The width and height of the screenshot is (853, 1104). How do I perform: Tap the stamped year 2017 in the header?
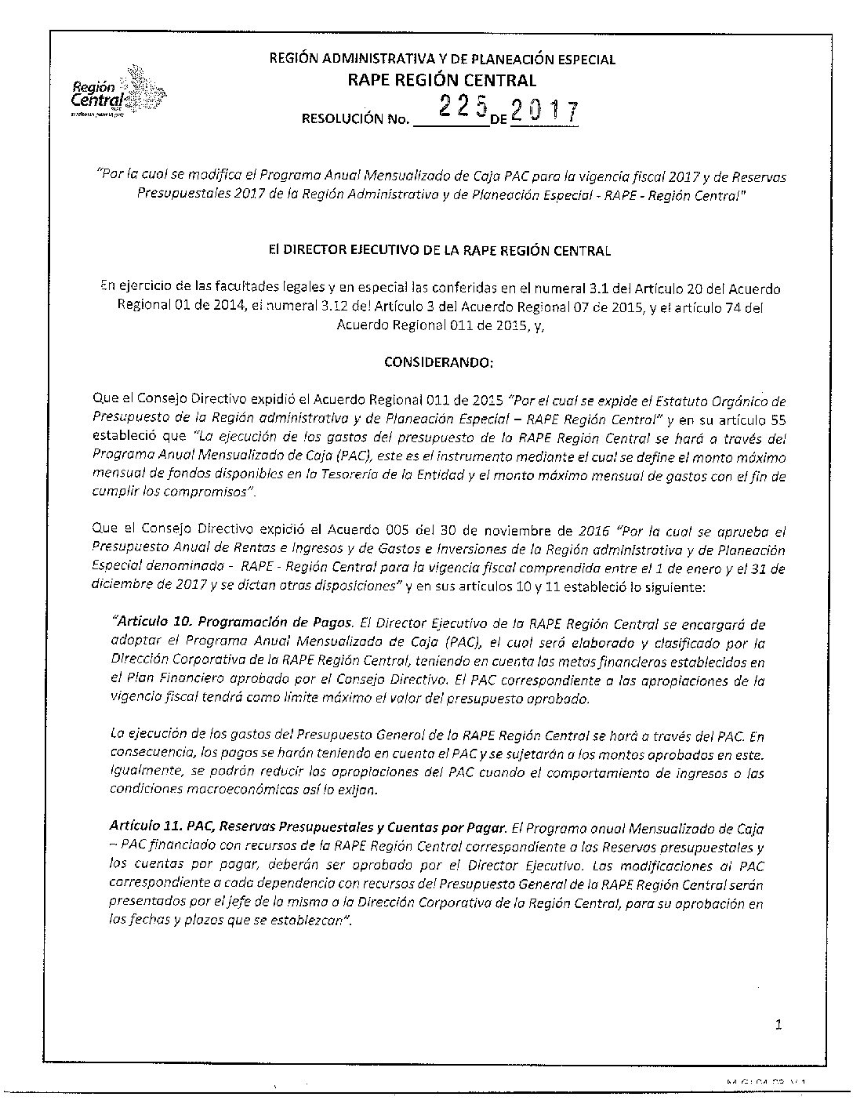545,113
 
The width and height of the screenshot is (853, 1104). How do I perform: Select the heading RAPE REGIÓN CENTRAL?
442,80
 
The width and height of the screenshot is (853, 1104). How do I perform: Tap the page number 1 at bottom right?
779,1024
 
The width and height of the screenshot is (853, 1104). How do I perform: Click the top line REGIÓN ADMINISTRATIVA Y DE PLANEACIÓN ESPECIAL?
442,59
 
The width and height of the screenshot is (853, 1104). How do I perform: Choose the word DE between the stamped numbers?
500,120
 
